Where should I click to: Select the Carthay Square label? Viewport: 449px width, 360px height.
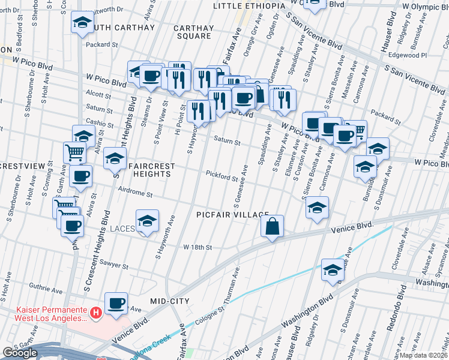click(192, 32)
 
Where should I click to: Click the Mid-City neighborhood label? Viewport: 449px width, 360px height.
click(170, 301)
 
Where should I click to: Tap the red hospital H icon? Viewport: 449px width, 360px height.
click(94, 313)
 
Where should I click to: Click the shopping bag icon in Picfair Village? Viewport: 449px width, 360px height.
click(272, 226)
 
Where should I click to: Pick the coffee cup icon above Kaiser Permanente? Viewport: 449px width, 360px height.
click(116, 304)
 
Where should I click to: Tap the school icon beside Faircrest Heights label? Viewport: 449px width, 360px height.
click(114, 159)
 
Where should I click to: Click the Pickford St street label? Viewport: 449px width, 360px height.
click(223, 177)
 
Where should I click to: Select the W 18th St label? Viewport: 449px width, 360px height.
click(198, 247)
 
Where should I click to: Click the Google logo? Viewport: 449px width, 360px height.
click(20, 353)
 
